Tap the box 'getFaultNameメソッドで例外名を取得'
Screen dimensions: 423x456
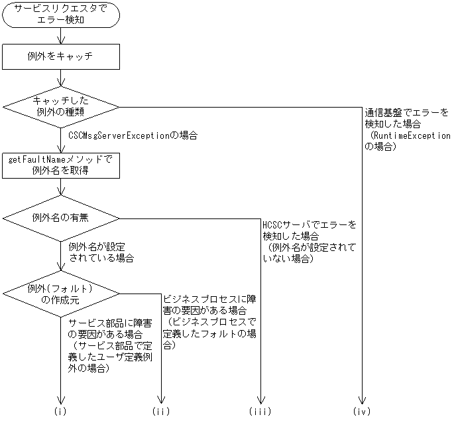click(x=61, y=165)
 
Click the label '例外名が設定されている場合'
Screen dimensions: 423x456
click(x=101, y=252)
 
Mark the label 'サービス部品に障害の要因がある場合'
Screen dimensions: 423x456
click(x=110, y=328)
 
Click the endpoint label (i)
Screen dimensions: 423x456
click(x=61, y=412)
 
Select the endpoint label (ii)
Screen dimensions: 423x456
click(x=161, y=412)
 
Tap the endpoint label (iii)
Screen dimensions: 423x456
click(x=261, y=412)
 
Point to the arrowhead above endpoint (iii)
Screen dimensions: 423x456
click(x=261, y=400)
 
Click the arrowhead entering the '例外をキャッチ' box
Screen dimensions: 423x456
click(x=61, y=41)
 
